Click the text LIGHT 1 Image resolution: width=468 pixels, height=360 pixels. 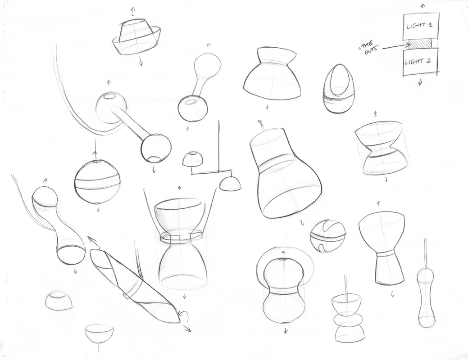419,25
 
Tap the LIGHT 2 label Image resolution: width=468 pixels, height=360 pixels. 418,62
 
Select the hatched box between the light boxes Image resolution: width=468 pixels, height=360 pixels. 421,45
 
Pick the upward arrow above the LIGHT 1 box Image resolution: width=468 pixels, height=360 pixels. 423,6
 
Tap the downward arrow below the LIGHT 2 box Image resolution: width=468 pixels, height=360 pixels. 420,81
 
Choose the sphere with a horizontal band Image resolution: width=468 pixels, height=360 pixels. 98,182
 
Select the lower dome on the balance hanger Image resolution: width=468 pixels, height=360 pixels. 230,184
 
